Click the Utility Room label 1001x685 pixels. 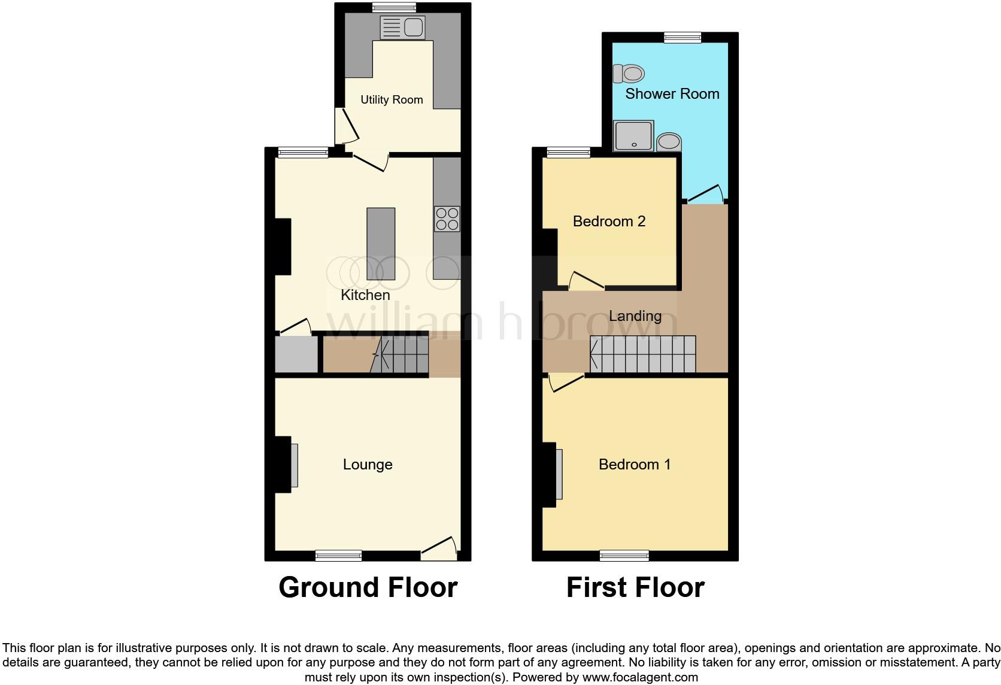tap(392, 100)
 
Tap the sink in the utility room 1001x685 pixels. tap(402, 28)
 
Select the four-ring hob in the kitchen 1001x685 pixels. tap(447, 219)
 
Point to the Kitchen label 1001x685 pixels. tap(365, 295)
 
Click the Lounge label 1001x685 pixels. tap(368, 465)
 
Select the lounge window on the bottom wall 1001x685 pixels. tap(339, 556)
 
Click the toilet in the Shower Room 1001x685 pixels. tap(629, 74)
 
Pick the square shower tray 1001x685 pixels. tap(633, 136)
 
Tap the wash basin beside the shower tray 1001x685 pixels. tap(669, 143)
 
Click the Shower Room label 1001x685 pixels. tap(672, 94)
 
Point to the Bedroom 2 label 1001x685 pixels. tap(609, 222)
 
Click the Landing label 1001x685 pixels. tap(635, 316)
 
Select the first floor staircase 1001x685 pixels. tap(643, 354)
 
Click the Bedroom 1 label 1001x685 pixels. tap(635, 465)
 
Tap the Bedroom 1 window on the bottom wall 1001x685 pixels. tap(624, 556)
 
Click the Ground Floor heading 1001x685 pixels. tap(368, 587)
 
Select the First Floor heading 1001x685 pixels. tap(635, 587)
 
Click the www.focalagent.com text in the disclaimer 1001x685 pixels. tap(639, 678)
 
